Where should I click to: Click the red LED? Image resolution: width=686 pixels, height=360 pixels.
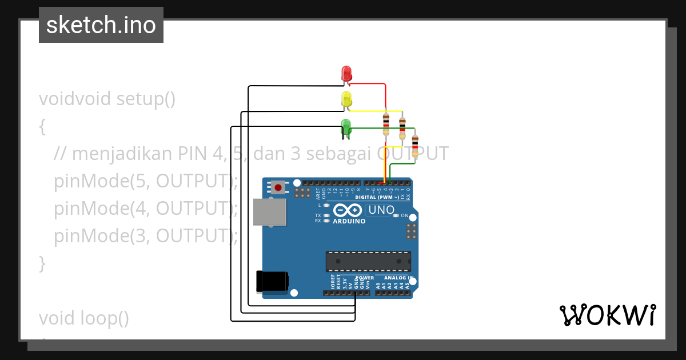click(x=346, y=74)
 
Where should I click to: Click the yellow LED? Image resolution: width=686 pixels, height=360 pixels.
click(x=346, y=99)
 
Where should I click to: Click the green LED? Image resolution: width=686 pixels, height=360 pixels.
click(x=345, y=126)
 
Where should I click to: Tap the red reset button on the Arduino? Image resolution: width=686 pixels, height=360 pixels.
click(x=278, y=187)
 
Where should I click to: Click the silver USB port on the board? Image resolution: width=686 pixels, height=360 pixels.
click(x=269, y=212)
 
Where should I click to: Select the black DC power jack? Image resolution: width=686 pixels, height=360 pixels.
click(x=272, y=281)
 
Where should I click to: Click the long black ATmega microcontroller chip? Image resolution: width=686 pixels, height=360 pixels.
click(x=368, y=261)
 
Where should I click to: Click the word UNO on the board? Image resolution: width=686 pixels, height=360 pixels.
click(x=381, y=210)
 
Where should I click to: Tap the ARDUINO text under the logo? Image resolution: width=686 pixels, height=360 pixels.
click(x=349, y=221)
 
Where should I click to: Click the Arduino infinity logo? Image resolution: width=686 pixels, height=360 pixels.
click(x=348, y=210)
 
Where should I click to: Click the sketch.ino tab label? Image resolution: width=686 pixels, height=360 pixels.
click(x=101, y=25)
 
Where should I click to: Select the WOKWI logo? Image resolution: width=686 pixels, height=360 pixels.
click(x=607, y=315)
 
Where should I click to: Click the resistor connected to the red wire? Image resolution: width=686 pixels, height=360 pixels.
click(x=386, y=122)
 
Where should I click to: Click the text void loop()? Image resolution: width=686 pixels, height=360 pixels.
click(x=84, y=318)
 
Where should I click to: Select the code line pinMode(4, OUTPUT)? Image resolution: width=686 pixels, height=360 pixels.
click(x=146, y=209)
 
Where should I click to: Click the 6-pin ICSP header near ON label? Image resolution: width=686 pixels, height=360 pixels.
click(x=410, y=231)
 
